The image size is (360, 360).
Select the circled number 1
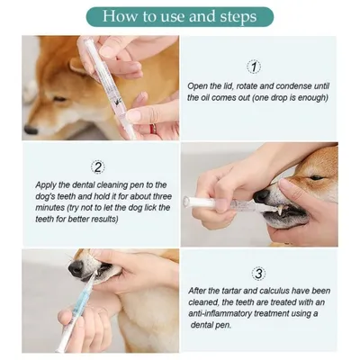click(254, 67)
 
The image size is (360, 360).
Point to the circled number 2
click(98, 166)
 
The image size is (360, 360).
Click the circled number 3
click(259, 273)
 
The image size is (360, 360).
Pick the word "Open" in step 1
click(198, 86)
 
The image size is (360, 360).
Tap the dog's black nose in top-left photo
click(31, 129)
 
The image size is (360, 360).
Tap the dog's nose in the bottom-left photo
click(76, 267)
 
